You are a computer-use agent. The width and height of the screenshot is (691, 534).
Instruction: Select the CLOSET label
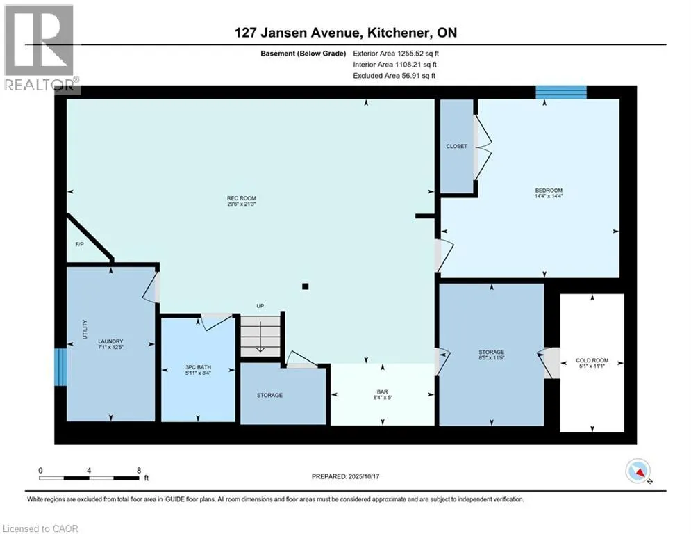click(456, 147)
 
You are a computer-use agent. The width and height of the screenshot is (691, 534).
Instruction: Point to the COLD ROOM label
click(592, 360)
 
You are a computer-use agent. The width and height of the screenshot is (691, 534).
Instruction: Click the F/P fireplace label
click(79, 245)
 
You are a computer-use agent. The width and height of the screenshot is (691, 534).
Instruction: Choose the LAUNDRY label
click(110, 341)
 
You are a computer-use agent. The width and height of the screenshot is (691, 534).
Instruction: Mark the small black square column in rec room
click(305, 286)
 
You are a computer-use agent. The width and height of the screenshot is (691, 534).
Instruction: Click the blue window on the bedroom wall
click(561, 92)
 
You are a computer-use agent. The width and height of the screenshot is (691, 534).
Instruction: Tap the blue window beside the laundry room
click(61, 366)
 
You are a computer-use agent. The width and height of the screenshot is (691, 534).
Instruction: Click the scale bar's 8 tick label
click(138, 470)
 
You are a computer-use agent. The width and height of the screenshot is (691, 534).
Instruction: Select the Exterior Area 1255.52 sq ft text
click(395, 52)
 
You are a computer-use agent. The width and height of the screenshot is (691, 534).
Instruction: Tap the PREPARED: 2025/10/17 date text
click(347, 476)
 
